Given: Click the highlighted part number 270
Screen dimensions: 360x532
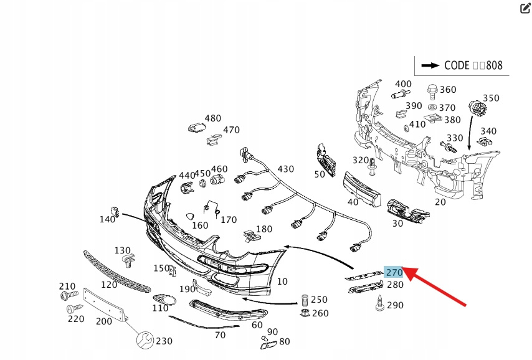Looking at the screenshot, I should [x=394, y=272].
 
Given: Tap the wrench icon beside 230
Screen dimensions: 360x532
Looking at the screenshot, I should [x=144, y=340].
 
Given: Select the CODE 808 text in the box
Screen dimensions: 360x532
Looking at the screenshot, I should [x=473, y=65].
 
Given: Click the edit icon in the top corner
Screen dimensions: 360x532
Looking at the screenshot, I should [x=525, y=8].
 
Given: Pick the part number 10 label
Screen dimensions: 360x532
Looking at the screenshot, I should [x=282, y=282].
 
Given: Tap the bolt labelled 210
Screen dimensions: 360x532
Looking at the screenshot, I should [x=67, y=295].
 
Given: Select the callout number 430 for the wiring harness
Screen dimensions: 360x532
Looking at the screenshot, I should [x=285, y=169].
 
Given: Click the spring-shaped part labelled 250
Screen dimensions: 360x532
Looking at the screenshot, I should [x=305, y=300].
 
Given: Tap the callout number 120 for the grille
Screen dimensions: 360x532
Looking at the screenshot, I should [x=109, y=285].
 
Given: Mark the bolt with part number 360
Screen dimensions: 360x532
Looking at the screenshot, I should [x=432, y=90].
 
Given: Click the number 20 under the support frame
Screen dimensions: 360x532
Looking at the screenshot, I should [x=440, y=202].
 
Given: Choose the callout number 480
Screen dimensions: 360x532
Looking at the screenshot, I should [x=213, y=118].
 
